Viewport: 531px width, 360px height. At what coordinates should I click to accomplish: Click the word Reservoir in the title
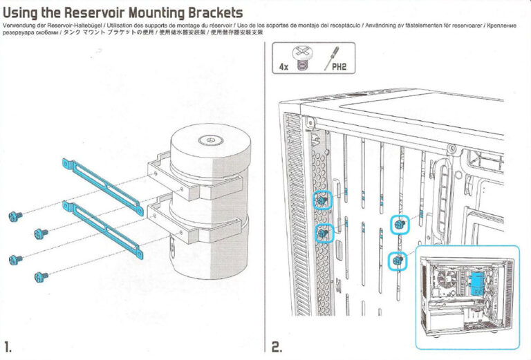pyautogui.click(x=106, y=12)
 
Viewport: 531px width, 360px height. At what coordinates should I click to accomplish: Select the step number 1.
pyautogui.click(x=8, y=346)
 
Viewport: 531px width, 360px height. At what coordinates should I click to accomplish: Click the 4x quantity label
pyautogui.click(x=283, y=67)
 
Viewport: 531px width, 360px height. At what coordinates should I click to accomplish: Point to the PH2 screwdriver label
pyautogui.click(x=339, y=68)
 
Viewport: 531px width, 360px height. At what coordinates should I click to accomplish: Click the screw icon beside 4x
pyautogui.click(x=301, y=59)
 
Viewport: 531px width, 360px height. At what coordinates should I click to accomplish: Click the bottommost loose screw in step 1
pyautogui.click(x=41, y=276)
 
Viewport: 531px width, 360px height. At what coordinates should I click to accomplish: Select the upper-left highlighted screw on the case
pyautogui.click(x=322, y=201)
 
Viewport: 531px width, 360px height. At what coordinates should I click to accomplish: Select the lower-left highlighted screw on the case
pyautogui.click(x=322, y=234)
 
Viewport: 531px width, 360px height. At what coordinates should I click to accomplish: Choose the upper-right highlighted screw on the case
pyautogui.click(x=399, y=223)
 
